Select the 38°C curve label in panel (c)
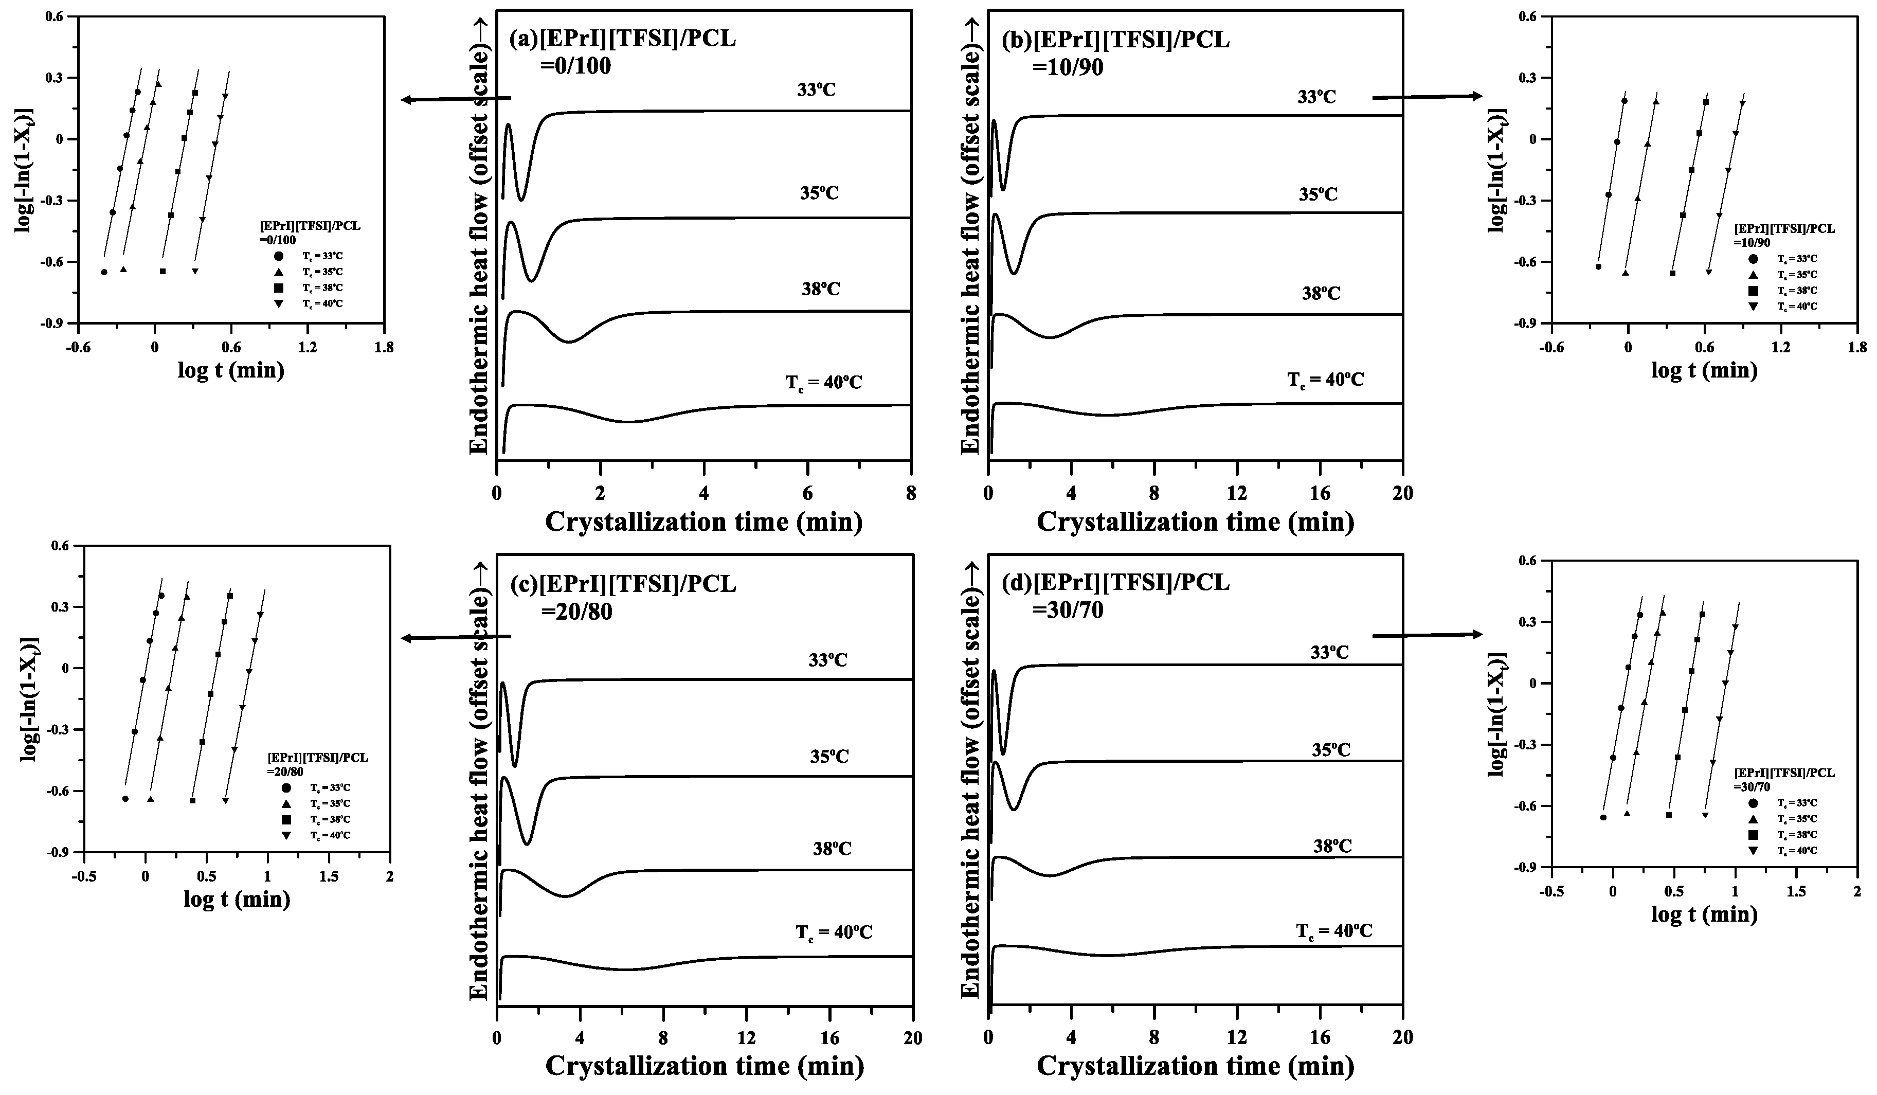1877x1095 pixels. coord(832,849)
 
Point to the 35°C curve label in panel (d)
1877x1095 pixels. coord(1331,749)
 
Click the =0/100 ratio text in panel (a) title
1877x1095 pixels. coord(575,67)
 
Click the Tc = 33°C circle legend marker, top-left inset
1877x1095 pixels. coord(279,256)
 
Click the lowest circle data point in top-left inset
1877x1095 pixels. coord(104,272)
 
